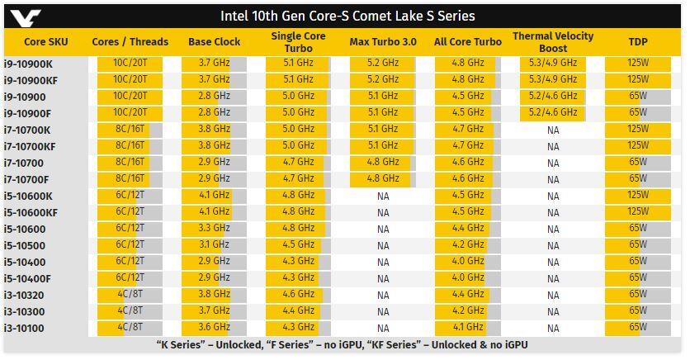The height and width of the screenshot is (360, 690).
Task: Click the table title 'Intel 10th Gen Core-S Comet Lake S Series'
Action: point(347,16)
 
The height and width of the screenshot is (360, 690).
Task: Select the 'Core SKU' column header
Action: point(46,42)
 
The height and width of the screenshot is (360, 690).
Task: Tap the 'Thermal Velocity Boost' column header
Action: point(553,42)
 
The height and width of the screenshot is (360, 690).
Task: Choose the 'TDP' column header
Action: point(637,42)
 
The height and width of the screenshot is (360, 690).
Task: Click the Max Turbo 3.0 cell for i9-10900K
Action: point(383,63)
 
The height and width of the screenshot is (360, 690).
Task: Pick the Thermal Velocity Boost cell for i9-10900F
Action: point(553,112)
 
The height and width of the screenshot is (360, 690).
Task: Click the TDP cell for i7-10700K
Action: point(637,129)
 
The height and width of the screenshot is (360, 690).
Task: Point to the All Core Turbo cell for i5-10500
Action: point(468,244)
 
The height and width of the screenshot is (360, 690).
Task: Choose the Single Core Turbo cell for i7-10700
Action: point(299,162)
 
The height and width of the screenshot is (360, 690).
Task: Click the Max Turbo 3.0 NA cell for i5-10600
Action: point(383,229)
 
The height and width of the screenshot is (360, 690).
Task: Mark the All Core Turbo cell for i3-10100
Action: point(468,327)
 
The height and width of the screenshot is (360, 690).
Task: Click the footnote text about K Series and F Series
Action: point(342,344)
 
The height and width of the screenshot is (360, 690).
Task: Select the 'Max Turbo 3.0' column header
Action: point(383,42)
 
